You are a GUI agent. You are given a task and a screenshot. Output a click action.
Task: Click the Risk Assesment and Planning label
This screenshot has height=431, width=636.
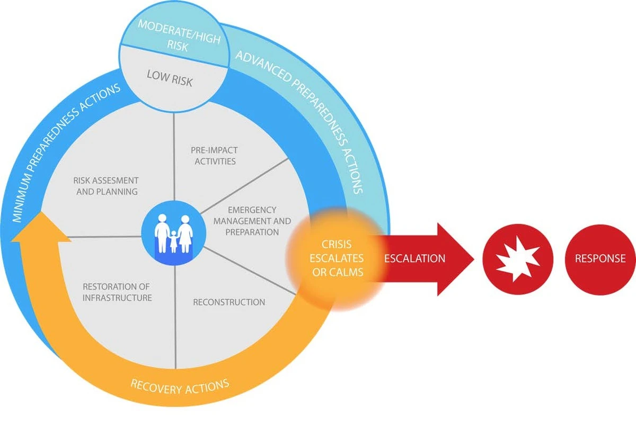[x=107, y=186]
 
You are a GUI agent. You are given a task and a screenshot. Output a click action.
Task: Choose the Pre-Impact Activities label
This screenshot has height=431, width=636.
[x=215, y=156]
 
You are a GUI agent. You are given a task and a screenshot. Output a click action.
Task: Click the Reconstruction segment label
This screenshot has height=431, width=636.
[x=229, y=302]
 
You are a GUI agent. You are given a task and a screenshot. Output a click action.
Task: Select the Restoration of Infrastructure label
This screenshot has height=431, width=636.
[x=117, y=292]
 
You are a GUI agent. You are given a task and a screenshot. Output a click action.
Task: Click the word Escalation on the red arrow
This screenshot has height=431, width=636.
[x=414, y=259]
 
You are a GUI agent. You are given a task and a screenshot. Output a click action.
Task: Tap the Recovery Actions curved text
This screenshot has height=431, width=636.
[x=180, y=387]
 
